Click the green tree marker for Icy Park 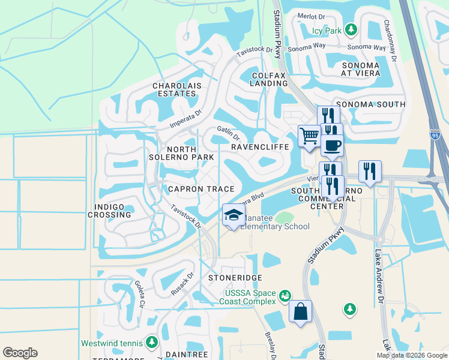tap(351, 29)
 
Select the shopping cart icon tap(309, 135)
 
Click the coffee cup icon tap(332, 145)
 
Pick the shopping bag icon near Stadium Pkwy tap(300, 311)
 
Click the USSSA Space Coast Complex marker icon tap(285, 296)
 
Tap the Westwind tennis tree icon tap(152, 343)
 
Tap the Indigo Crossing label tap(109, 211)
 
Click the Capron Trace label tap(193, 189)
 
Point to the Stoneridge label tap(228, 278)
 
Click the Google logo tap(20, 353)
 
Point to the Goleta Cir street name tap(140, 294)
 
